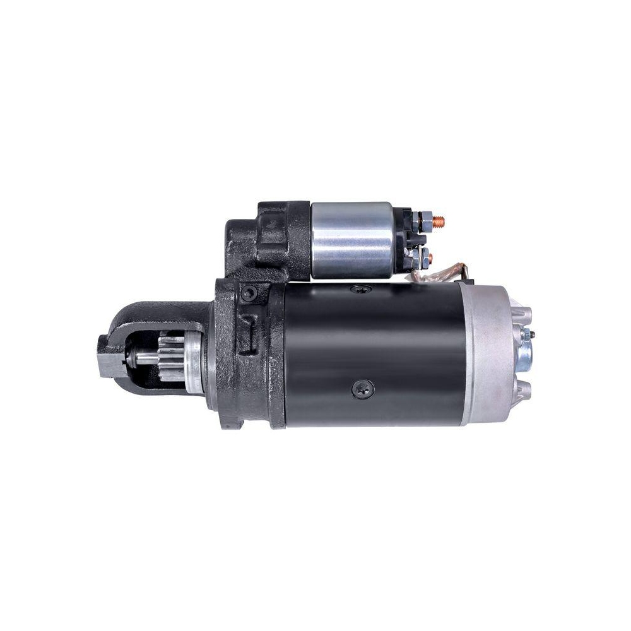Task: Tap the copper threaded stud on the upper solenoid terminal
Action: tap(440, 220)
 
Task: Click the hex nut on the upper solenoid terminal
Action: tap(427, 221)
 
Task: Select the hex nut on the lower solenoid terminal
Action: tap(424, 256)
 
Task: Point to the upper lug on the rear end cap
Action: tap(523, 315)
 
